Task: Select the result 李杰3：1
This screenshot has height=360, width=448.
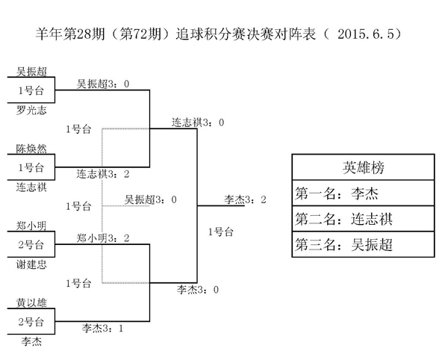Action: pyautogui.click(x=102, y=327)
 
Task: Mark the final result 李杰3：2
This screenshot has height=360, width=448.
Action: pyautogui.click(x=245, y=199)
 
